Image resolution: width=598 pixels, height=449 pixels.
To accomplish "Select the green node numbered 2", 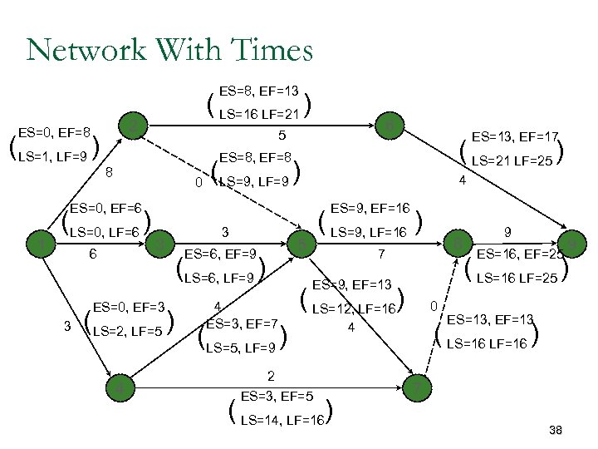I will pyautogui.click(x=135, y=127).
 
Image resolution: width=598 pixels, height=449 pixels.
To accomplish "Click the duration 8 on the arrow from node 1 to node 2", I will pyautogui.click(x=109, y=173).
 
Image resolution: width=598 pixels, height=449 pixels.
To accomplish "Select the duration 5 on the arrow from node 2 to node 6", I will pyautogui.click(x=282, y=135).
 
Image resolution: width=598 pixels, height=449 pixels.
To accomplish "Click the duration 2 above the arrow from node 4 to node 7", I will pyautogui.click(x=271, y=376).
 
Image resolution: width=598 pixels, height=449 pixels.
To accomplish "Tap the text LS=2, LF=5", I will pyautogui.click(x=128, y=332).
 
